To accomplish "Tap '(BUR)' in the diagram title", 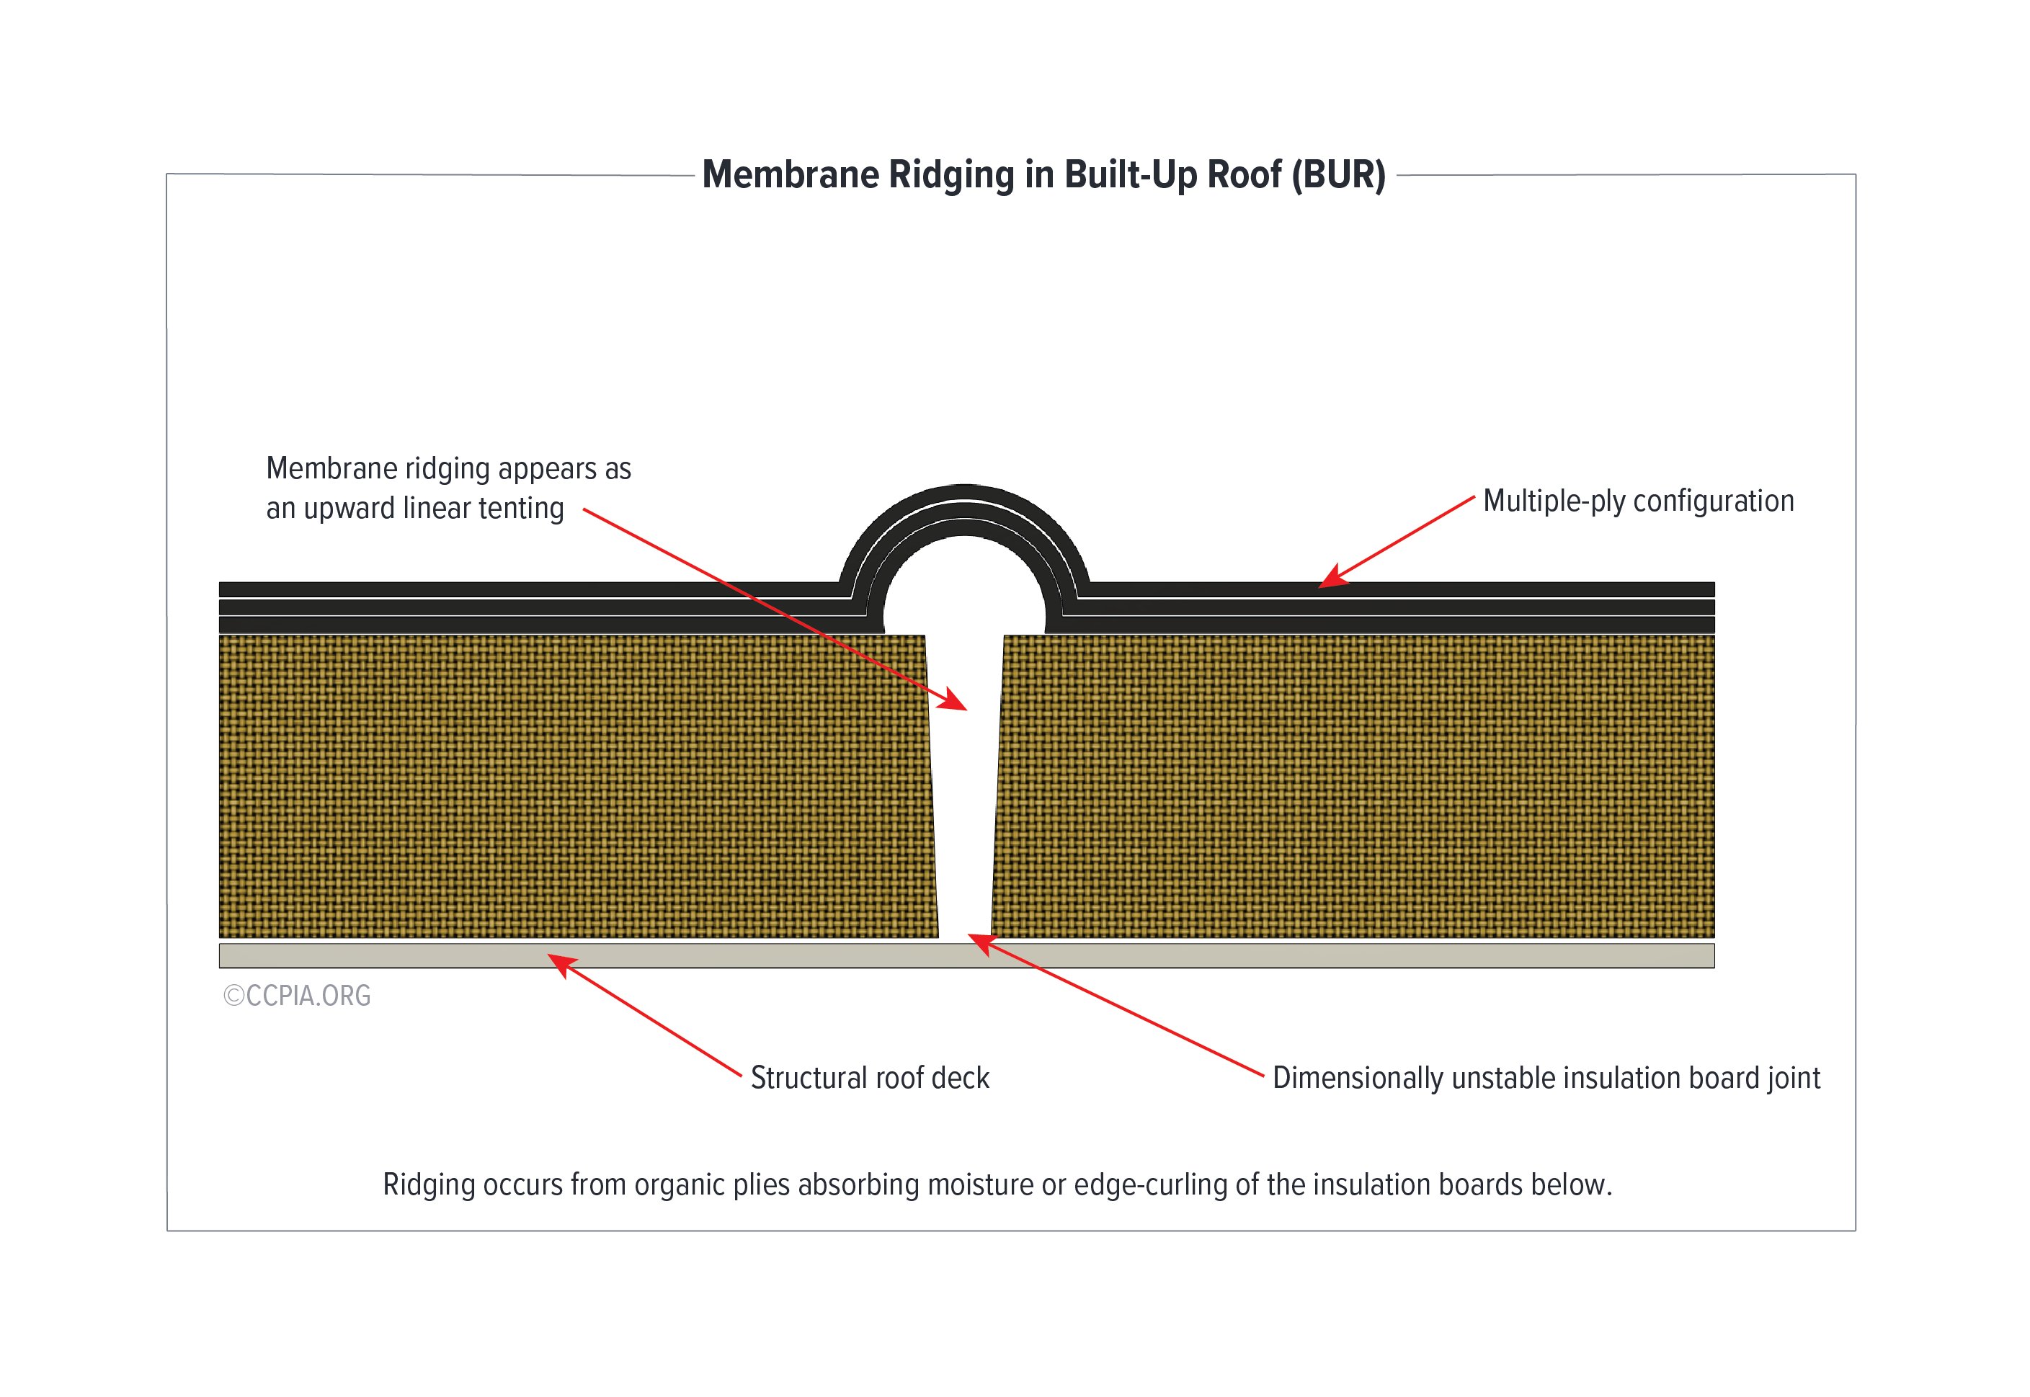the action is click(1343, 175).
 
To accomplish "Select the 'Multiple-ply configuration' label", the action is click(1638, 501).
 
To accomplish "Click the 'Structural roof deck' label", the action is click(870, 1078).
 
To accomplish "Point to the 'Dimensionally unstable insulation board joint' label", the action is click(1546, 1079).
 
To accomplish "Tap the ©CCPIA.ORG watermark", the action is click(297, 996).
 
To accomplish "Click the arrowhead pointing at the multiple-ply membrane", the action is click(1333, 577).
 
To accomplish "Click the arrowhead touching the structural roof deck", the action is click(561, 965).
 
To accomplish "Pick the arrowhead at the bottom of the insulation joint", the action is click(982, 944).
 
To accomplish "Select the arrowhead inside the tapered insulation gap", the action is click(953, 700).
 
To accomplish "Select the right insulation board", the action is click(1353, 786).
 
